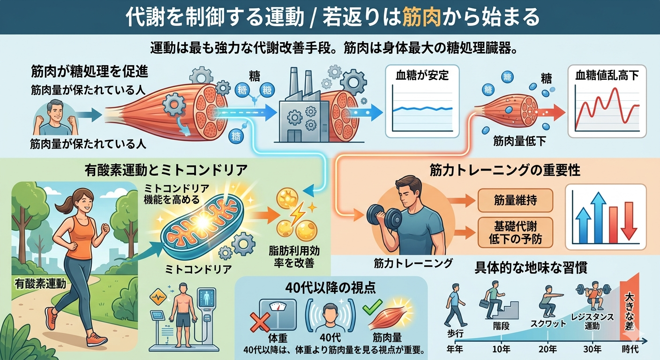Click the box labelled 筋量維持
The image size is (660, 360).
515,201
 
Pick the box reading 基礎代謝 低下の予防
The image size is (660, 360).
515,232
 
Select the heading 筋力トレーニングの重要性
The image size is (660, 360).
504,170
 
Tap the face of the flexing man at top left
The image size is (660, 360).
55,111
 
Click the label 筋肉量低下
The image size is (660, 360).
519,141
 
